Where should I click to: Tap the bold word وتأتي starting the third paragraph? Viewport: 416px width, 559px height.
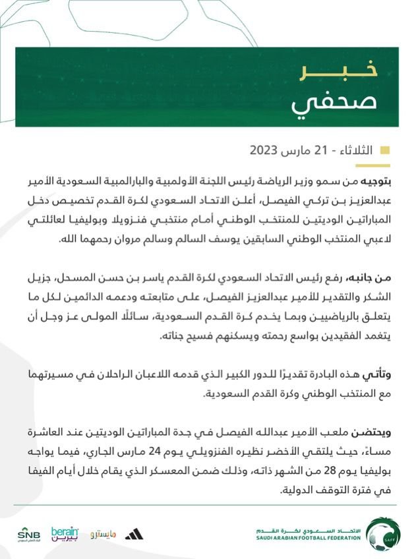click(x=379, y=374)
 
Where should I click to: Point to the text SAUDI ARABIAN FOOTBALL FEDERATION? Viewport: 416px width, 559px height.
click(x=309, y=538)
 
